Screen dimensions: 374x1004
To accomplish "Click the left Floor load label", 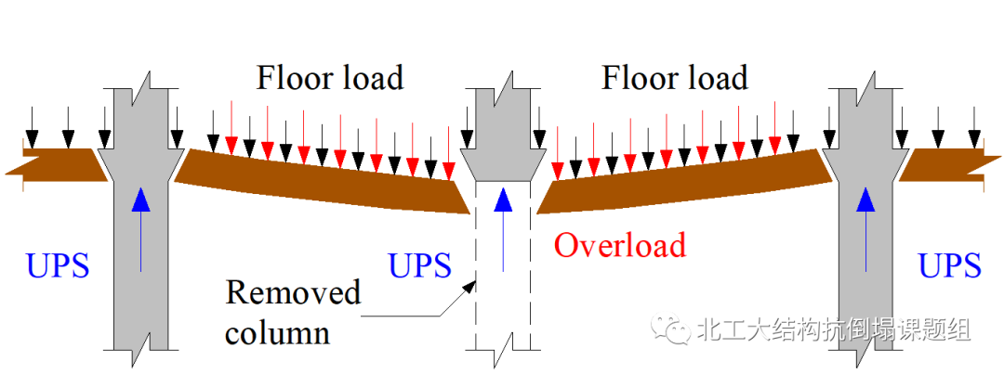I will click(330, 78).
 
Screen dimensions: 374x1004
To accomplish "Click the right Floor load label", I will click(674, 78).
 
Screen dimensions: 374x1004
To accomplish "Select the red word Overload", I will click(619, 245).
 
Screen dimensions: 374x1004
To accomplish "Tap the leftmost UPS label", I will click(58, 266).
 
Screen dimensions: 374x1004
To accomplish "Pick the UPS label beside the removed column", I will click(419, 266).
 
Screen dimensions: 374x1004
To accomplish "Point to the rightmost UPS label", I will click(949, 266).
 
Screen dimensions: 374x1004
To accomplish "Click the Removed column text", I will click(293, 312).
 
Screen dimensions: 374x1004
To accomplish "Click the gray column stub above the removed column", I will click(503, 130).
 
